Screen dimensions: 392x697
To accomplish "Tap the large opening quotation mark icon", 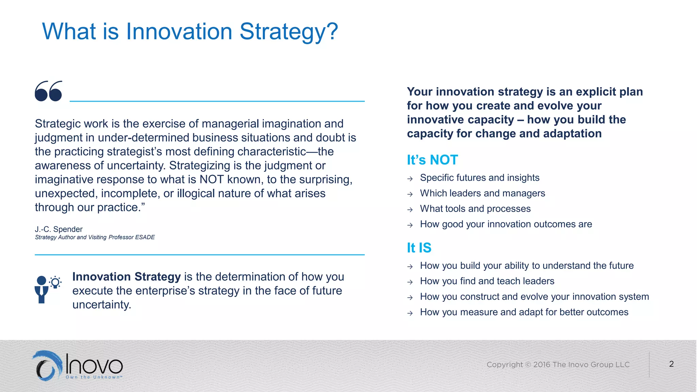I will (x=49, y=91).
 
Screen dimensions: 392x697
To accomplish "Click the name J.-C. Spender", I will (x=59, y=229).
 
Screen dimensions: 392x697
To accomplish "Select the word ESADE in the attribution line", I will (x=145, y=237).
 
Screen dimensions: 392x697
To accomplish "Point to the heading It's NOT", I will (x=432, y=160).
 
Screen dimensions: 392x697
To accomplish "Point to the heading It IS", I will (x=419, y=248).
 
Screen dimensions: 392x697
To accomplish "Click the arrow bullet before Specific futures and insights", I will (x=410, y=179).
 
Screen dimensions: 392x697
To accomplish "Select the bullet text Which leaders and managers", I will (x=482, y=193).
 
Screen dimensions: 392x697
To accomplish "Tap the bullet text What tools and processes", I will (x=475, y=209).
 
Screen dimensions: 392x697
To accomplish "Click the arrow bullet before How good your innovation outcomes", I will (x=410, y=225).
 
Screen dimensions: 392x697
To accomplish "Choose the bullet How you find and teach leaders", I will (x=487, y=281).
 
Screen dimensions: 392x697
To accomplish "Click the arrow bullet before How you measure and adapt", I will (x=410, y=313).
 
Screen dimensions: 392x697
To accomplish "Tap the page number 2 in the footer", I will (x=671, y=364).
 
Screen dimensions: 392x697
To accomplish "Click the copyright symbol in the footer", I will (x=528, y=365).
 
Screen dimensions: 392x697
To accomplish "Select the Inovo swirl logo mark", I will (x=48, y=366).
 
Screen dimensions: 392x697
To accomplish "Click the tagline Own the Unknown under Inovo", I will (x=94, y=377).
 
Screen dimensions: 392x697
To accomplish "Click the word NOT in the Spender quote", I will (x=212, y=179).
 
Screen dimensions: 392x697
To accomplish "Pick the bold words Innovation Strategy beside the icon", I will (x=126, y=277).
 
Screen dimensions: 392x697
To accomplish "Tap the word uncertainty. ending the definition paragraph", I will (x=101, y=305).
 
